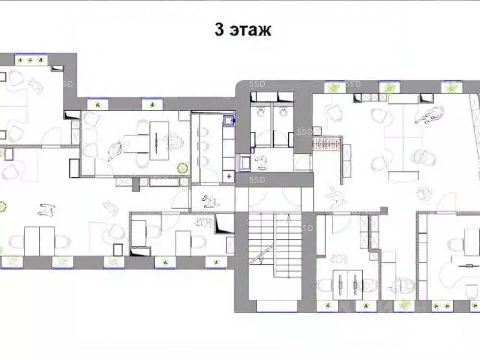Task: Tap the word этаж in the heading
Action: (250, 30)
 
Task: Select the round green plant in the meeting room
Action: (182, 168)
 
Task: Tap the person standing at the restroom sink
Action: (263, 162)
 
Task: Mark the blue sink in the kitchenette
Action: (229, 120)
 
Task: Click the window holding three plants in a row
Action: (31, 60)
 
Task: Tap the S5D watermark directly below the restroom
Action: (256, 180)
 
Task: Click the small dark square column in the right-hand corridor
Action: (383, 209)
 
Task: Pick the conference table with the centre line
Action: (158, 141)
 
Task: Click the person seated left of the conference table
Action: (115, 150)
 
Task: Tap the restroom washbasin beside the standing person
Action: (246, 162)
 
